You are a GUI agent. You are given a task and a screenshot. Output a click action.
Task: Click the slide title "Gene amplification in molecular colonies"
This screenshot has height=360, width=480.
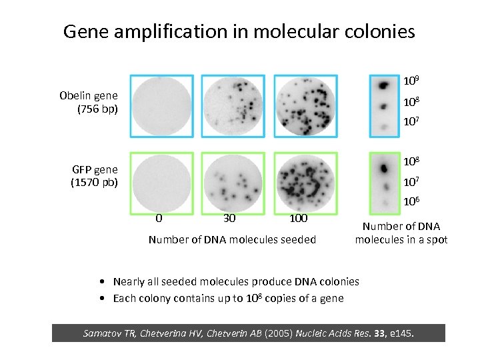click(x=239, y=31)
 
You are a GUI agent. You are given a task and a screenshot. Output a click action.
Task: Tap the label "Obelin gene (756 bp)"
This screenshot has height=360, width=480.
click(x=88, y=101)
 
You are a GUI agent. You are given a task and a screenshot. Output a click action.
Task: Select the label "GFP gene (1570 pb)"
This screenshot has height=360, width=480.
click(x=95, y=175)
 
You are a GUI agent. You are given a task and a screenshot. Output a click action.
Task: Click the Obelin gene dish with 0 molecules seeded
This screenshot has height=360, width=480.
click(x=161, y=105)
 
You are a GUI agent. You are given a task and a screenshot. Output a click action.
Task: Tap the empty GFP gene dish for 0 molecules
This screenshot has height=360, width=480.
click(x=161, y=181)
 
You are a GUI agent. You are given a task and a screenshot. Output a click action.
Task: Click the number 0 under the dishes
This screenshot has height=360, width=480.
click(x=158, y=218)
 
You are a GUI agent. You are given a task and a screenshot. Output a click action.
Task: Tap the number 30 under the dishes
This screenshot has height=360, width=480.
click(x=229, y=218)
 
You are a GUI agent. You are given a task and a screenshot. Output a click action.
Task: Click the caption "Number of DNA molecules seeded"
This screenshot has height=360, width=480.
click(x=232, y=239)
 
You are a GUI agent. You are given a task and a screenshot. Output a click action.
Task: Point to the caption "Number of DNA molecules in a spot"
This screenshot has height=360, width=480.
click(x=401, y=233)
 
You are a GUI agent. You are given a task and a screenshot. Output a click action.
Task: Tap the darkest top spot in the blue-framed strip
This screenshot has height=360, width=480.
click(x=383, y=85)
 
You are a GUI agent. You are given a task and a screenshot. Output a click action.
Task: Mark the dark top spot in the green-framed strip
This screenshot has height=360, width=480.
click(x=383, y=165)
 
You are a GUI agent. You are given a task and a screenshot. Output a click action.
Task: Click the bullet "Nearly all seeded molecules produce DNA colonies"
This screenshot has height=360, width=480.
click(x=236, y=282)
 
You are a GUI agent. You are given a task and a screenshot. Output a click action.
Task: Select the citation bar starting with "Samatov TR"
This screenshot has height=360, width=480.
click(x=248, y=333)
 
